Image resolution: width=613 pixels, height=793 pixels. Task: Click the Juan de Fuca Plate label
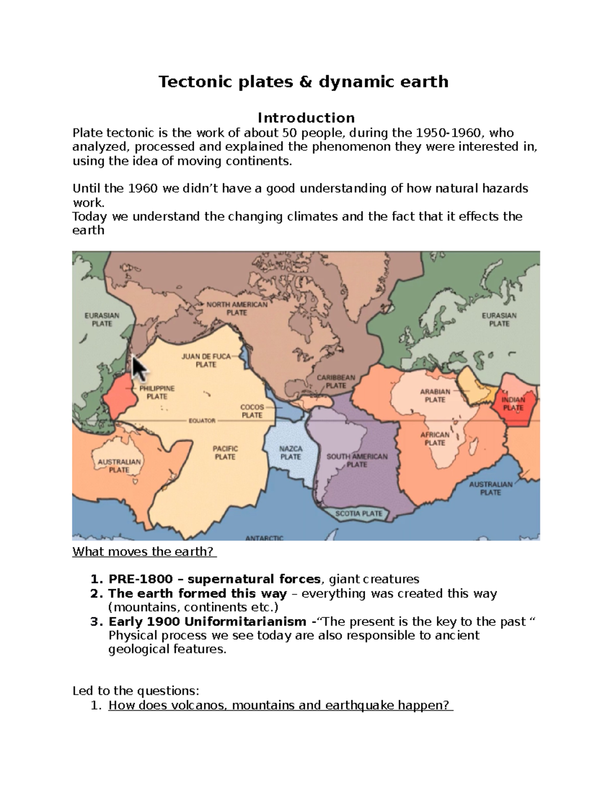tap(206, 361)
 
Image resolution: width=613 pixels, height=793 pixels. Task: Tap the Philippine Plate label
tap(157, 392)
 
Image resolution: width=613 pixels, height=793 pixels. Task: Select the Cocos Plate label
tap(252, 411)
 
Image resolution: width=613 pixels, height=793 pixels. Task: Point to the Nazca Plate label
tap(291, 452)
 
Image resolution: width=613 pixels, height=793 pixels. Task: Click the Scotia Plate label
tap(359, 514)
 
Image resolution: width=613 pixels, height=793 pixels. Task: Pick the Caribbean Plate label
tap(336, 381)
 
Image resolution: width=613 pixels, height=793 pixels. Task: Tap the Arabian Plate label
tap(435, 396)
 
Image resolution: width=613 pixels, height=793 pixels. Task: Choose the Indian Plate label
tap(513, 404)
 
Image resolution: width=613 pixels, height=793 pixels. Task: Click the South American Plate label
tap(357, 460)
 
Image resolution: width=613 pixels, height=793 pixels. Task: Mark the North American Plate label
tap(237, 308)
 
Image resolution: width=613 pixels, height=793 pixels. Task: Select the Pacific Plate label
tap(225, 452)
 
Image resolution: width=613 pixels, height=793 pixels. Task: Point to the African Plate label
tap(435, 439)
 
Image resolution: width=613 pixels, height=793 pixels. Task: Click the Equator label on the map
tap(202, 421)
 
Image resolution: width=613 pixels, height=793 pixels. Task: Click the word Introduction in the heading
tap(306, 118)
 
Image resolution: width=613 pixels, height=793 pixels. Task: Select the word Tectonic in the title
tap(189, 82)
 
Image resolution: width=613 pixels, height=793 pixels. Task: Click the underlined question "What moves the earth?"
tap(145, 552)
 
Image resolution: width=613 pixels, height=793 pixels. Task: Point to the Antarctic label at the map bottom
tap(264, 538)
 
